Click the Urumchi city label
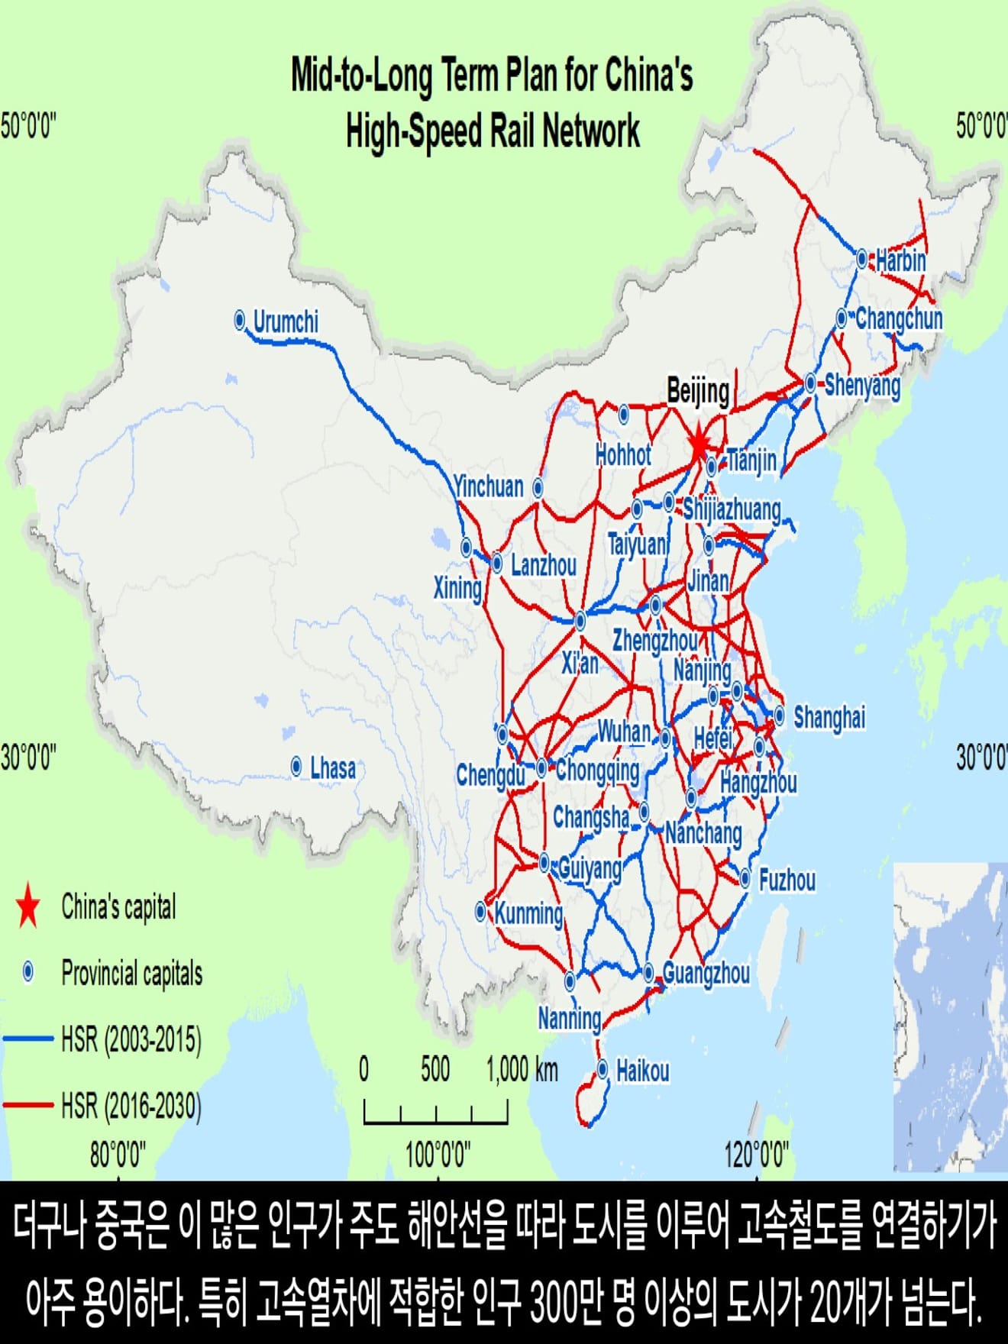(286, 321)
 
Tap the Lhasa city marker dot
(297, 766)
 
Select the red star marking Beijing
(699, 443)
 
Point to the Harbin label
(901, 260)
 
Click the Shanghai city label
(829, 717)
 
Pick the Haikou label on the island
(642, 1071)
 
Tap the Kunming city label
(528, 913)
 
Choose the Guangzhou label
(706, 973)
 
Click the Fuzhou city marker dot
(745, 878)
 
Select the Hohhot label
(623, 455)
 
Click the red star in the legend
(28, 906)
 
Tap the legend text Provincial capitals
(132, 973)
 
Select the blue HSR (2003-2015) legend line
(28, 1039)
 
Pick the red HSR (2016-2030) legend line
(28, 1105)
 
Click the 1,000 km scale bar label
(522, 1069)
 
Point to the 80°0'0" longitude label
(117, 1155)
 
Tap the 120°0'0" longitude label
(756, 1155)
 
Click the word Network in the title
(591, 131)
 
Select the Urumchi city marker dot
(240, 320)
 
